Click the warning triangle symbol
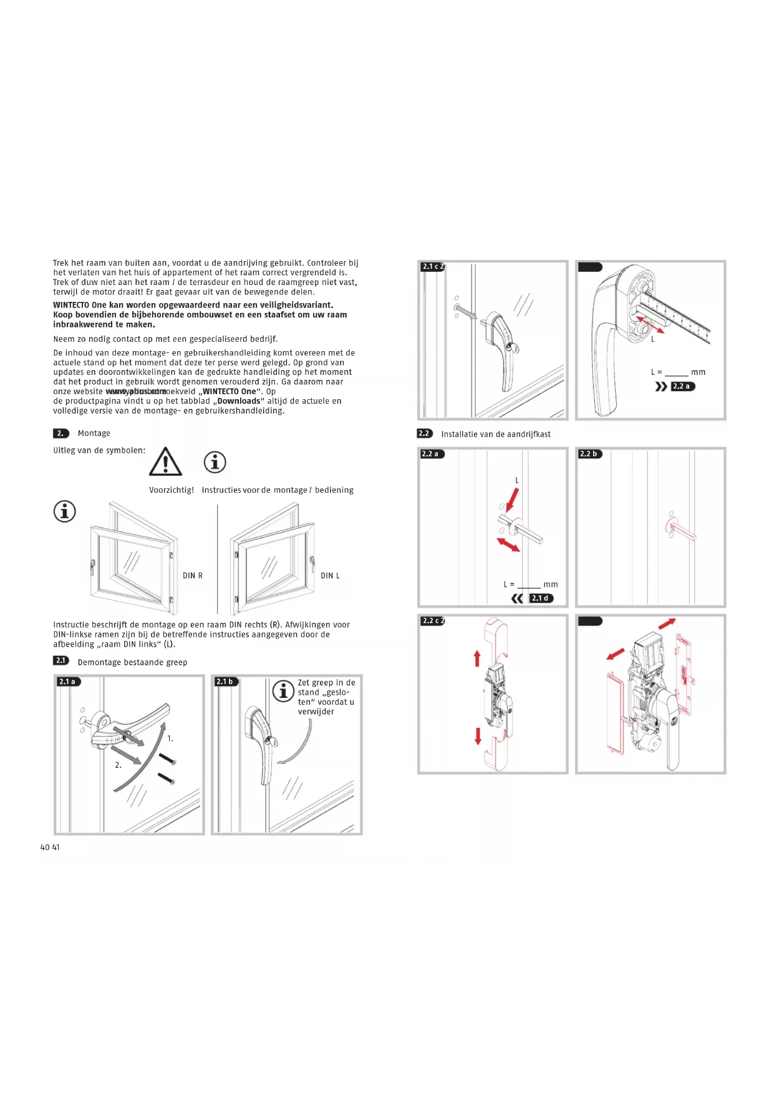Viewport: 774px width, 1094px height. pyautogui.click(x=165, y=462)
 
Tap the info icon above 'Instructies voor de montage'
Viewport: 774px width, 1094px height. pyautogui.click(x=215, y=462)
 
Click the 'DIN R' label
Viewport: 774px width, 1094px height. pyautogui.click(x=192, y=576)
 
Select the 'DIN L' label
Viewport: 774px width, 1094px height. pyautogui.click(x=330, y=576)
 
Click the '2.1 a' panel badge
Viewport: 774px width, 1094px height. pyautogui.click(x=67, y=682)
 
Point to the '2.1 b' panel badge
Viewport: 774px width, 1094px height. pyautogui.click(x=225, y=682)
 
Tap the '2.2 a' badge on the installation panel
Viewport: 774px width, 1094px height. pyautogui.click(x=431, y=454)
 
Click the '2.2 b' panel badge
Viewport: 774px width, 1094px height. pyautogui.click(x=589, y=454)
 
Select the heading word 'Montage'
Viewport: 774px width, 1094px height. pyautogui.click(x=94, y=433)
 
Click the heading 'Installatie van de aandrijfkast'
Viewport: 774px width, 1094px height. pyautogui.click(x=495, y=434)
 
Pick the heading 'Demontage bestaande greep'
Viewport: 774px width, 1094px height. pyautogui.click(x=132, y=662)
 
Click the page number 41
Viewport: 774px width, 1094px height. pyautogui.click(x=56, y=847)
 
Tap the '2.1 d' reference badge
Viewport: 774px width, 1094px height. pyautogui.click(x=541, y=598)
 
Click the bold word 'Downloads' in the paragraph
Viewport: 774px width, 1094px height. pyautogui.click(x=238, y=401)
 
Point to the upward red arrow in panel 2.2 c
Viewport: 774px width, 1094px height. pyautogui.click(x=477, y=657)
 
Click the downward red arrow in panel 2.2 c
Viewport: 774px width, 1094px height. pyautogui.click(x=478, y=736)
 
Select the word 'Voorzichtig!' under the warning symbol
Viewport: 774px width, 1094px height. pyautogui.click(x=172, y=490)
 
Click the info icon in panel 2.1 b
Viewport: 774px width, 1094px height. pyautogui.click(x=283, y=691)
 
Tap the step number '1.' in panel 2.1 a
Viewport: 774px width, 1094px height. pyautogui.click(x=170, y=738)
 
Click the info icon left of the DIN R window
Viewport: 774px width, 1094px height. pyautogui.click(x=64, y=511)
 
